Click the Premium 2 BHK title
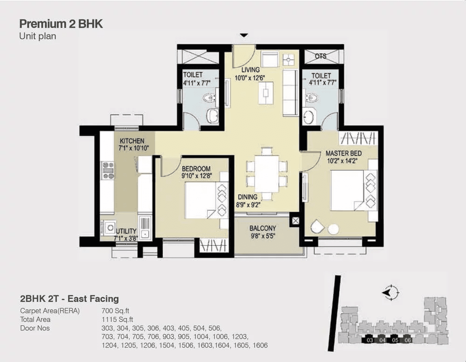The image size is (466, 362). pyautogui.click(x=61, y=24)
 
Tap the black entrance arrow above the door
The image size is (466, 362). pyautogui.click(x=244, y=35)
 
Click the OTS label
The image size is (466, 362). pyautogui.click(x=321, y=56)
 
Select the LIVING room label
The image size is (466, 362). pyautogui.click(x=251, y=70)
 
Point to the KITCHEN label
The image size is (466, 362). pyautogui.click(x=132, y=141)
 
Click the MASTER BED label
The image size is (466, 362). pyautogui.click(x=343, y=154)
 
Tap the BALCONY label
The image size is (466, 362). pyautogui.click(x=263, y=228)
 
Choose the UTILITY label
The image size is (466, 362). pyautogui.click(x=126, y=231)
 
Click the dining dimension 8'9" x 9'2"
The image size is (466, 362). pyautogui.click(x=248, y=204)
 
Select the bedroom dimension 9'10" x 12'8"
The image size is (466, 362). pyautogui.click(x=197, y=176)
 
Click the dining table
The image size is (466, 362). pyautogui.click(x=267, y=174)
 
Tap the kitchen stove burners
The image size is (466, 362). pyautogui.click(x=108, y=170)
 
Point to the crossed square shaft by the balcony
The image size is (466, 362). pyautogui.click(x=296, y=221)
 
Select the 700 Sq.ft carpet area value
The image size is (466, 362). pyautogui.click(x=115, y=311)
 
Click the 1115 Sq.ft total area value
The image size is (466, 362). pyautogui.click(x=117, y=319)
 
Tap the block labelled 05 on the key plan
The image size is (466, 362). pyautogui.click(x=395, y=340)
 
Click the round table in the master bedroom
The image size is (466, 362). pyautogui.click(x=333, y=229)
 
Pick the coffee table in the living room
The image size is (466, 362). pyautogui.click(x=266, y=93)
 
